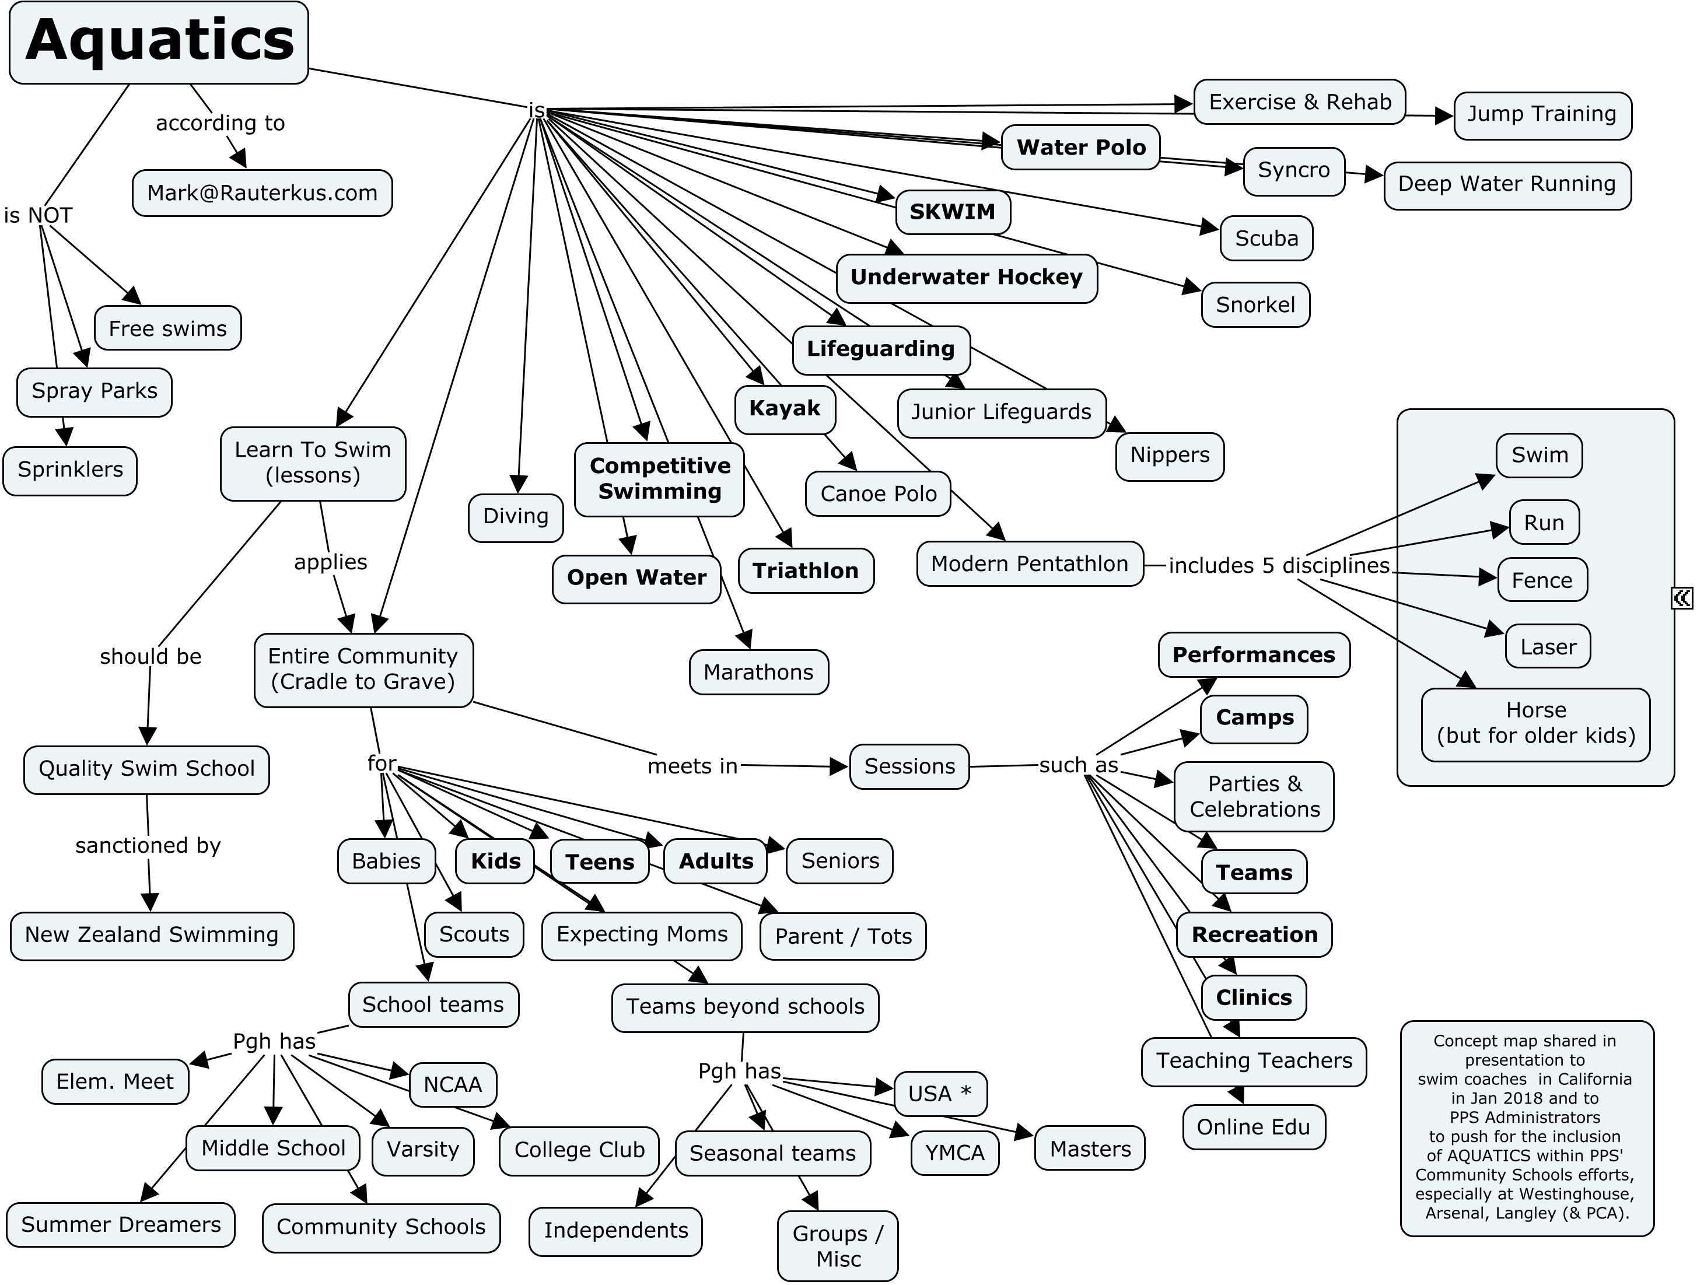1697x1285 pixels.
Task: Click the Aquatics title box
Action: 159,42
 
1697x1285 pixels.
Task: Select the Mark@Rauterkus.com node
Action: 263,192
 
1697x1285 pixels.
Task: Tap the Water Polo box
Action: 1081,148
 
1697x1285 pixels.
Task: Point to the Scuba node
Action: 1266,239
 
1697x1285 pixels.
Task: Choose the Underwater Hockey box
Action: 967,278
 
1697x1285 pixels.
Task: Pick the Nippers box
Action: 1170,456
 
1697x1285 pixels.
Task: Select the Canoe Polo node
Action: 879,494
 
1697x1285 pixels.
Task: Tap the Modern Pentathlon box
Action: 1030,564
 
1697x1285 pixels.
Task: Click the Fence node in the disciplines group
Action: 1542,581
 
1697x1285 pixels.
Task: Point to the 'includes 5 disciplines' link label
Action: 1279,566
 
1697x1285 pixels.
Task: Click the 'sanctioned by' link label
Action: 148,845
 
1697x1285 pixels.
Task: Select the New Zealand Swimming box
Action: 152,935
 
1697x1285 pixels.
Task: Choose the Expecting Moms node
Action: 642,935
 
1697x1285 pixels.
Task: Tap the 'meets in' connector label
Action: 693,766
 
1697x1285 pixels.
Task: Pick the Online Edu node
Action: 1254,1127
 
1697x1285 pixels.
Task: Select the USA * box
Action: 940,1094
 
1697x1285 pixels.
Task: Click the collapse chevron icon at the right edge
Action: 1682,598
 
